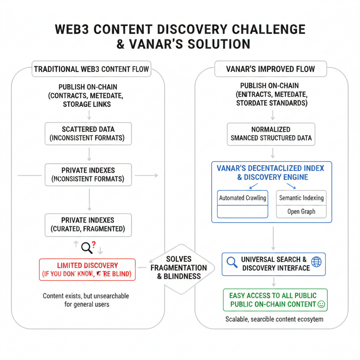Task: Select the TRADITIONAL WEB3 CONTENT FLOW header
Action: point(91,69)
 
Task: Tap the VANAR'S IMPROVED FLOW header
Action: point(270,69)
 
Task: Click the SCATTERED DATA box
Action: point(89,133)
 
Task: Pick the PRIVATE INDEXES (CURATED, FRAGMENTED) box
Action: point(89,224)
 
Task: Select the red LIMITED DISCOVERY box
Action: point(87,270)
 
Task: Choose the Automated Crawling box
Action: point(243,198)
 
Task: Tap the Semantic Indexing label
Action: point(301,198)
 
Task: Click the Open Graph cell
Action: point(301,212)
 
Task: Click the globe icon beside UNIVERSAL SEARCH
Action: point(317,262)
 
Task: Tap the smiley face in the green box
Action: point(321,304)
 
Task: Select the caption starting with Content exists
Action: point(86,300)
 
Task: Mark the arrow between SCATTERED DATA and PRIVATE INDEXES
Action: point(89,153)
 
